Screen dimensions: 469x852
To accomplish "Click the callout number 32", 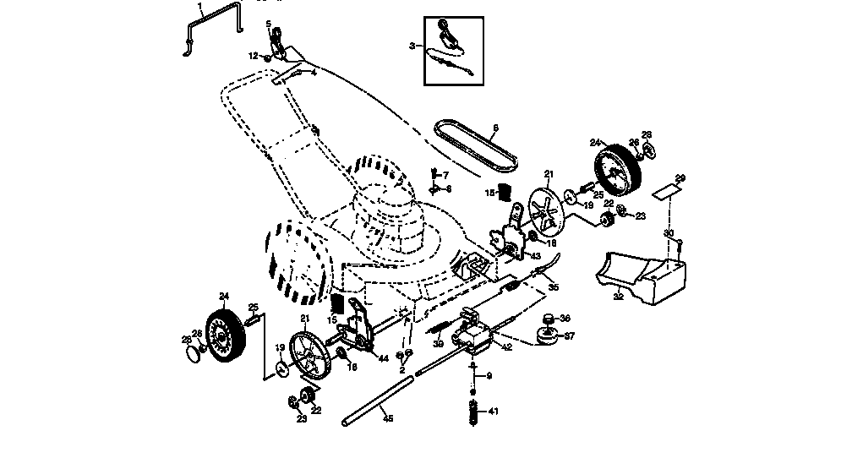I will [618, 297].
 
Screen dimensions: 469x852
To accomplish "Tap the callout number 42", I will [507, 346].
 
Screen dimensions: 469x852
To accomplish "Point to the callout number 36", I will [565, 319].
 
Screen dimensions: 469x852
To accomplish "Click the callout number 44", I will [383, 358].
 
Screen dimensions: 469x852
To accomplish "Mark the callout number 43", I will [534, 256].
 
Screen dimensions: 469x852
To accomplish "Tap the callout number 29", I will [680, 178].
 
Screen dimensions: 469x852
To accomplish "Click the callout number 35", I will [554, 286].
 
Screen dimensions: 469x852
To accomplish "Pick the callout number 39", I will [438, 344].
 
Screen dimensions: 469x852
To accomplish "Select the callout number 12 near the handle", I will [253, 56].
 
